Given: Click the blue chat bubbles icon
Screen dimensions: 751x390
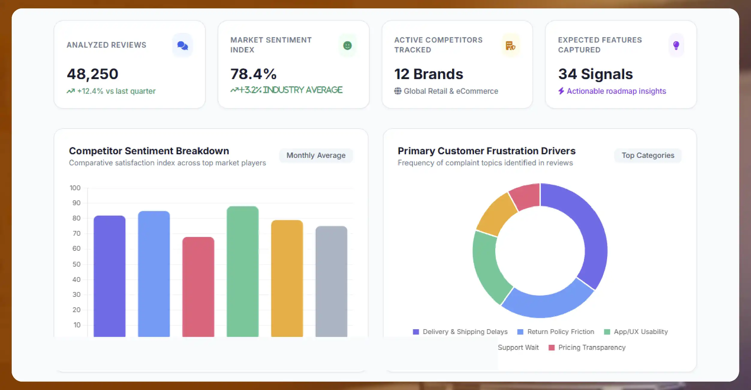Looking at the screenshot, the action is coord(183,46).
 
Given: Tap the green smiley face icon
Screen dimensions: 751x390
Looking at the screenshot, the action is coord(347,46).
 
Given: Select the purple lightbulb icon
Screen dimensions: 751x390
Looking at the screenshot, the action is coord(676,46).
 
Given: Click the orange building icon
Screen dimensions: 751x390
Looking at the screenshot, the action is coord(510,46).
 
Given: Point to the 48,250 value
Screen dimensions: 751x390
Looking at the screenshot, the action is coord(93,74).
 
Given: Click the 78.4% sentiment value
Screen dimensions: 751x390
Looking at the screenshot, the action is coord(253,74).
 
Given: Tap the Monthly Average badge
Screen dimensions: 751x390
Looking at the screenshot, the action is coord(316,155).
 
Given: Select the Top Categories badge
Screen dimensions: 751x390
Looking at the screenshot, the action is coord(648,155).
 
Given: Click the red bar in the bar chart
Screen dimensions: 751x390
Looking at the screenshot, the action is coord(198,287).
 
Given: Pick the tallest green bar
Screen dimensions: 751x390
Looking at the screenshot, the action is coord(243,271).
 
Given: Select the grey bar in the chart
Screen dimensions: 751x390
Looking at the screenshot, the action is coord(331,281).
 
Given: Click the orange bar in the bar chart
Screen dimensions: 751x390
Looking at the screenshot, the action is coord(287,278).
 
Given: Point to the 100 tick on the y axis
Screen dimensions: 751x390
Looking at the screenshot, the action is coord(75,188).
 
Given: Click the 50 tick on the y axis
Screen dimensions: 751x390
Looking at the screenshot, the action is coord(76,264).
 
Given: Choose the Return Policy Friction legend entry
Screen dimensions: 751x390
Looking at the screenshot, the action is coord(556,332).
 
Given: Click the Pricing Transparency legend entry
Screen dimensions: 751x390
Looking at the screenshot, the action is coord(587,347).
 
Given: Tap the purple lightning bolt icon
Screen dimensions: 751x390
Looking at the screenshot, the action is coord(561,91).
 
